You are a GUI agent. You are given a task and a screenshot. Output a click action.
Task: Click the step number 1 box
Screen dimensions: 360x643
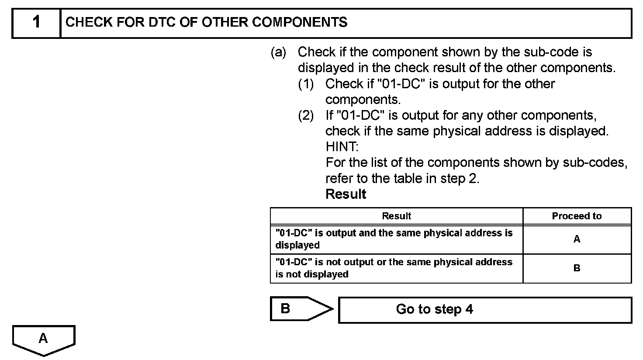[36, 22]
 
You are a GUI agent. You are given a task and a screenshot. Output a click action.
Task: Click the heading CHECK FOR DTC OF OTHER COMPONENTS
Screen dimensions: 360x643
[206, 22]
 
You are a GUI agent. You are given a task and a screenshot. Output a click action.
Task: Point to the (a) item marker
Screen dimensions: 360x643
[278, 52]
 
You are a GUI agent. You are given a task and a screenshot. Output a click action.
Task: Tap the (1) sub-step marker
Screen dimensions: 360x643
[306, 84]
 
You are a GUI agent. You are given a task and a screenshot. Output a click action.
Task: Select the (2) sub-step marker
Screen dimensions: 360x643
[306, 116]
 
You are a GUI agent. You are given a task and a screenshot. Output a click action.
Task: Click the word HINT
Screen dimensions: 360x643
[342, 147]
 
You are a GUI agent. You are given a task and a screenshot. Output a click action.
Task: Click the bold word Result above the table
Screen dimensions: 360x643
[346, 194]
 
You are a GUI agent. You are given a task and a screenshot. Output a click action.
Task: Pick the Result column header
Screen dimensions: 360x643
[396, 216]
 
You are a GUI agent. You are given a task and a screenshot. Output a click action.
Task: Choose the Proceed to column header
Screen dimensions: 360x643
[577, 216]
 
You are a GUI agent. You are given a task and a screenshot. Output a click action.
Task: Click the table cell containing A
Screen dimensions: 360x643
[577, 239]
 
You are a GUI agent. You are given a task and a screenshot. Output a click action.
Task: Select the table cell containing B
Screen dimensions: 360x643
[577, 268]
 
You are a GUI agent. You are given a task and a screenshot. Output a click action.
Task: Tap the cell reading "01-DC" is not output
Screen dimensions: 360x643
[396, 268]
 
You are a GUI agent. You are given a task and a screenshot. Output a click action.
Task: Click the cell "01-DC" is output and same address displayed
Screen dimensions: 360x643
[396, 239]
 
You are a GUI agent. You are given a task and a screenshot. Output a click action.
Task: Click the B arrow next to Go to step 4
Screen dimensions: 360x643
[301, 309]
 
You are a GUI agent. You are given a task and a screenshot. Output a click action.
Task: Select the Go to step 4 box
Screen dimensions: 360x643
[485, 310]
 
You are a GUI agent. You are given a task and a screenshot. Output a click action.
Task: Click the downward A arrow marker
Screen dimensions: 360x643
[43, 339]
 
